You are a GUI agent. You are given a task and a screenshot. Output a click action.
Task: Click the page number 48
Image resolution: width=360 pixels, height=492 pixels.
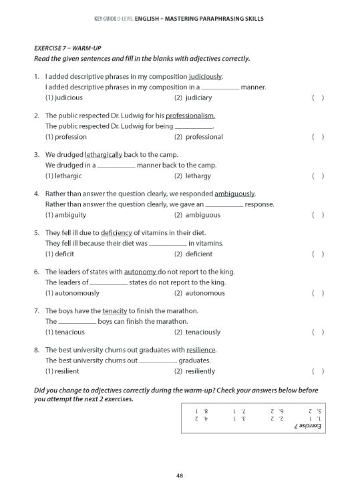click(180, 475)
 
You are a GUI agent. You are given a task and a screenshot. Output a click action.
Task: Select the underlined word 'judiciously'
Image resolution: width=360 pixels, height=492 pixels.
click(205, 77)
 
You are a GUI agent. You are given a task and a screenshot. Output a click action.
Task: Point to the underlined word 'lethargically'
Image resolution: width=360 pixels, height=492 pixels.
click(104, 155)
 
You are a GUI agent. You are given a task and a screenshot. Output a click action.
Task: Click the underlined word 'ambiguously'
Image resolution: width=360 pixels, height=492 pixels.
click(234, 194)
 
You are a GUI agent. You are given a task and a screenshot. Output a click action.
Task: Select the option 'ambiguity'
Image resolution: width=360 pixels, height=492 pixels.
click(68, 215)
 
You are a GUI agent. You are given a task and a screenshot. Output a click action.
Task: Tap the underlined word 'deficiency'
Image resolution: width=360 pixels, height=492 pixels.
click(116, 233)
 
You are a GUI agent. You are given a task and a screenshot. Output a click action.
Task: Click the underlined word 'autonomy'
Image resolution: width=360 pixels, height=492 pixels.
click(140, 272)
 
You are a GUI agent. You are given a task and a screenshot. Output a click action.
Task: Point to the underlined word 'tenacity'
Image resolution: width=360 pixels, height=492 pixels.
click(114, 311)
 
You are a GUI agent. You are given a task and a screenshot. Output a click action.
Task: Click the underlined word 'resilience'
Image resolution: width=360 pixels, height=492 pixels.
click(201, 350)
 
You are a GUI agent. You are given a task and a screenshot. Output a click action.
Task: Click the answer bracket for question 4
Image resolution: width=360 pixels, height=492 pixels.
click(318, 215)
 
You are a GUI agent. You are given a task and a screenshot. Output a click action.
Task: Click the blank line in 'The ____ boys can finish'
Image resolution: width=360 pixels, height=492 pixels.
click(77, 322)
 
